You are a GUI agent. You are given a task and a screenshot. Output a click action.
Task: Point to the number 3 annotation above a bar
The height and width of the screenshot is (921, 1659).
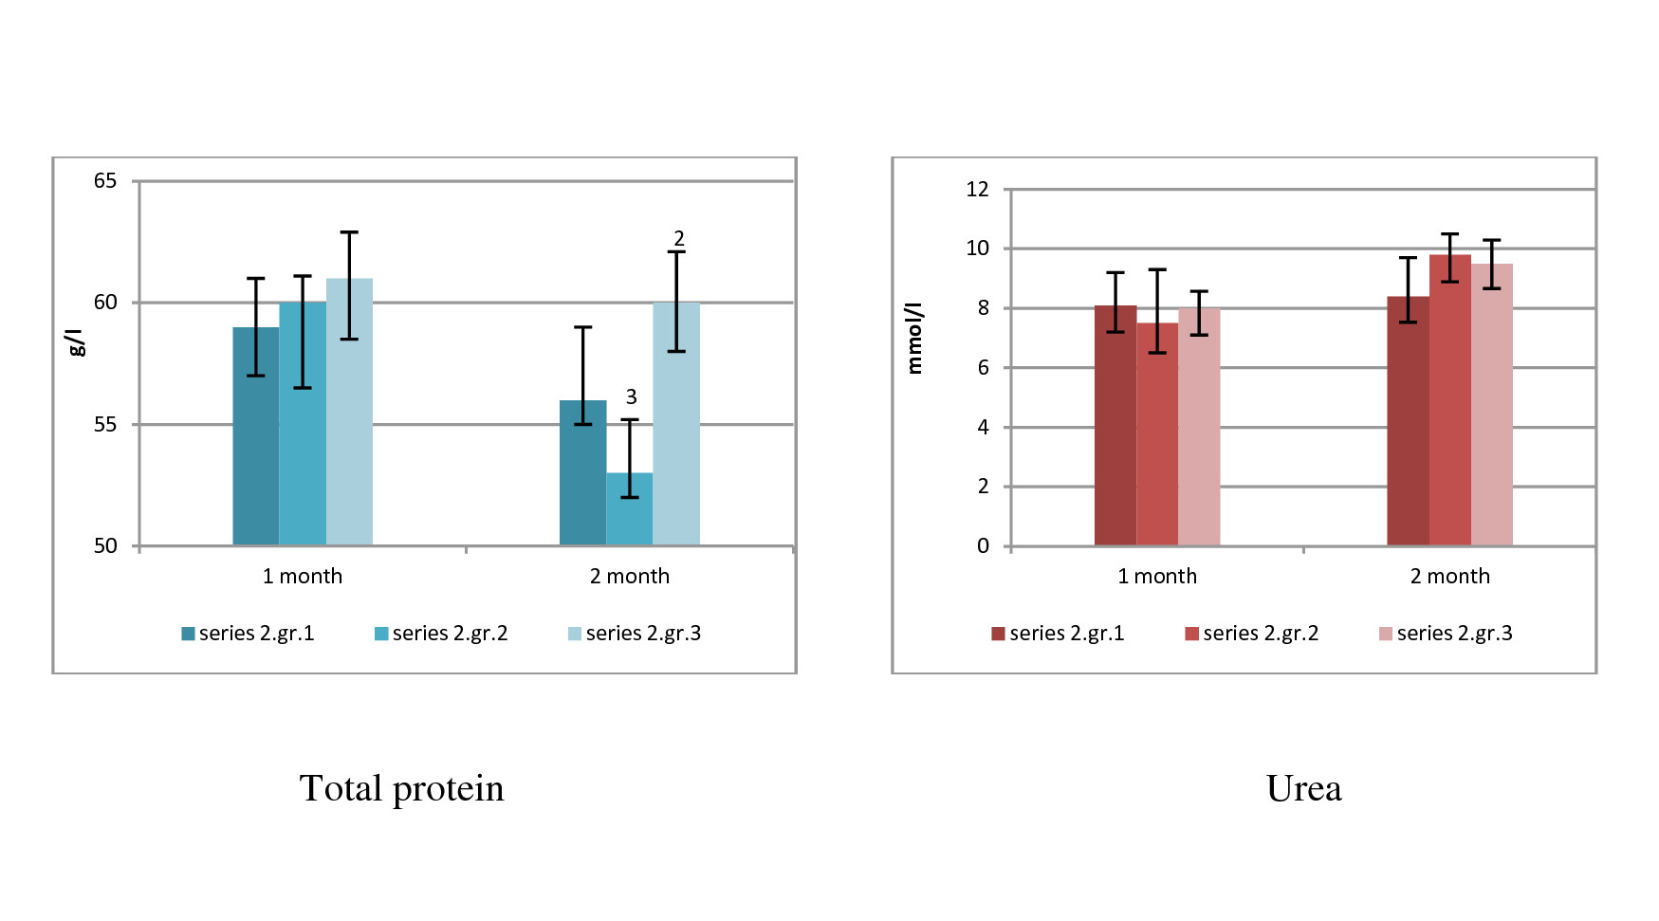click(631, 396)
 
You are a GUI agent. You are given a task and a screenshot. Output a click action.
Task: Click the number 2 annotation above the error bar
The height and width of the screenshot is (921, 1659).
click(678, 238)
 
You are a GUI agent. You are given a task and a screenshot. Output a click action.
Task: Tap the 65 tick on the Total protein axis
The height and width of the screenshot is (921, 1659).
click(105, 180)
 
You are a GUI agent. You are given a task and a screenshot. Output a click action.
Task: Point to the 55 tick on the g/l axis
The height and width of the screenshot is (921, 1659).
click(105, 424)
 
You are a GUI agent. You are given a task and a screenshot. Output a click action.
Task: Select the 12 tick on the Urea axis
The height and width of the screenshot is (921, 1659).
click(977, 189)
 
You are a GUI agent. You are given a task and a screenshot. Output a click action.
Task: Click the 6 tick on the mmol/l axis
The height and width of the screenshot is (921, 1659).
click(983, 367)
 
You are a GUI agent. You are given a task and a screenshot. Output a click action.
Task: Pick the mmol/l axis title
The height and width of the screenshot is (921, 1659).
click(914, 339)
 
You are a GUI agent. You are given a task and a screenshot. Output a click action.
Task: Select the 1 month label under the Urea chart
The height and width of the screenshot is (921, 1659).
click(1157, 576)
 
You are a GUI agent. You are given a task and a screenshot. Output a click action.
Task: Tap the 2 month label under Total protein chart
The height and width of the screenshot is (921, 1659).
click(630, 576)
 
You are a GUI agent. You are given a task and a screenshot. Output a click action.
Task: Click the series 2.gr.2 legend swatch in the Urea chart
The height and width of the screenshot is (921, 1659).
click(1191, 634)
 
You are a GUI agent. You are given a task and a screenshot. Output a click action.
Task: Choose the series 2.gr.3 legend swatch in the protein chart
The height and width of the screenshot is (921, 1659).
click(575, 634)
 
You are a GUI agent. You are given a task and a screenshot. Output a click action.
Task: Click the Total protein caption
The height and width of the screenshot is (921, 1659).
click(402, 788)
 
